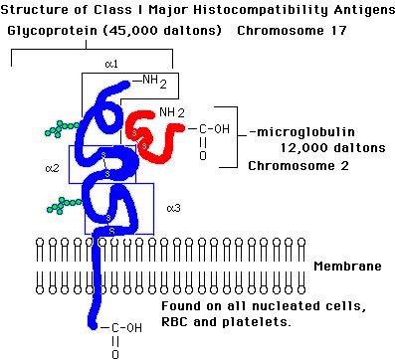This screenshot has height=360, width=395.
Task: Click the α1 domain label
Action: [x=111, y=64]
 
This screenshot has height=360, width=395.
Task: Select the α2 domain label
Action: [x=52, y=168]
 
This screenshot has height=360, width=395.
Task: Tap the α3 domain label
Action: [x=174, y=208]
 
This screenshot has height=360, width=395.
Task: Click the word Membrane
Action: [x=347, y=267]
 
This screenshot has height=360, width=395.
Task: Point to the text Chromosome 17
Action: [x=292, y=31]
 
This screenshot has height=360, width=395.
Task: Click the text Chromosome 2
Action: [x=298, y=166]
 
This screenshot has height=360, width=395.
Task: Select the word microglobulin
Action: [x=305, y=132]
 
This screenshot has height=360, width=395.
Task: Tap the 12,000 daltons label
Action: [x=333, y=148]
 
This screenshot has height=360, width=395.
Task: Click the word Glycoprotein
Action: [x=53, y=31]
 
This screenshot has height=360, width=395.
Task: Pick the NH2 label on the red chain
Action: [x=172, y=112]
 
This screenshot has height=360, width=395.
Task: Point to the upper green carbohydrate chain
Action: [x=62, y=128]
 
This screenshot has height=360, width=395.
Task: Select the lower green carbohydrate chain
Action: [x=64, y=205]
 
